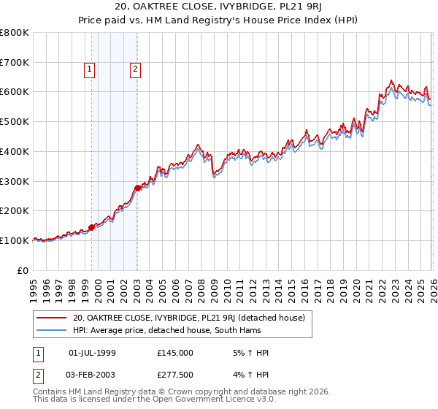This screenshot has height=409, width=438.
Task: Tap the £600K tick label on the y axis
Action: (15, 92)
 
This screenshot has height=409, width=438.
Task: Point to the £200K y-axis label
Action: (15, 210)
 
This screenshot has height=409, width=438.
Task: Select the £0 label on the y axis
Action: (23, 270)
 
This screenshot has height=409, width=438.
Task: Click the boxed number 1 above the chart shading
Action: (89, 69)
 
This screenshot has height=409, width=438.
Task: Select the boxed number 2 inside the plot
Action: (136, 69)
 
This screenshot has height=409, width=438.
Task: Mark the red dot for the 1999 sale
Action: (91, 227)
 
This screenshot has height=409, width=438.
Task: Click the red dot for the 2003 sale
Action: (137, 188)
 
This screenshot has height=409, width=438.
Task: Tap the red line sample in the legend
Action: (51, 318)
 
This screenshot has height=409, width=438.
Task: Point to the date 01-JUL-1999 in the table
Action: (92, 353)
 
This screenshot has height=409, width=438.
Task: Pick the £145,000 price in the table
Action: (174, 353)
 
